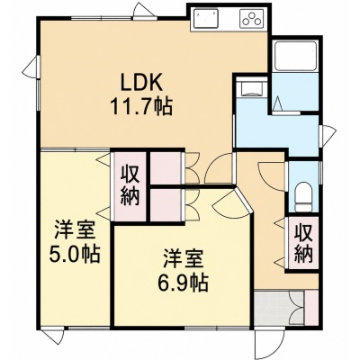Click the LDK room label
[x=141, y=82]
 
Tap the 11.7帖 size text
[x=141, y=106]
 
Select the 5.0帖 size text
[x=75, y=255]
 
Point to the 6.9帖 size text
[x=183, y=283]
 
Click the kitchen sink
[x=206, y=18]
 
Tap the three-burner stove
[x=252, y=18]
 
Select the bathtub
[x=296, y=56]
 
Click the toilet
[x=303, y=198]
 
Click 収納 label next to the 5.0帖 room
[x=130, y=186]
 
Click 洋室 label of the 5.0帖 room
[x=75, y=230]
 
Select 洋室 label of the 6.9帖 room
[x=183, y=259]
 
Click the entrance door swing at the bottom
[x=268, y=342]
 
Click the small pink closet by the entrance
[x=311, y=308]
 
